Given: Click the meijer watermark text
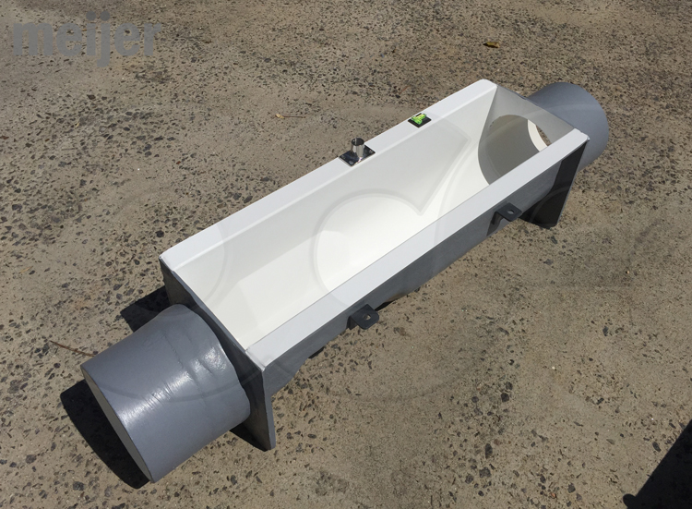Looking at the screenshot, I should (87, 39).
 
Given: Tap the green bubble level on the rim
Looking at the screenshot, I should (420, 119).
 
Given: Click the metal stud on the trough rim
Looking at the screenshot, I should (356, 150).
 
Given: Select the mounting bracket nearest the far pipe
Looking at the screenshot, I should (506, 213).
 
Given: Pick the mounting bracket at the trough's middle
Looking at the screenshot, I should (364, 316).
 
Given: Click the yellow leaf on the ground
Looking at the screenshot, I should (491, 44).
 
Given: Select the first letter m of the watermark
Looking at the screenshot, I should (31, 40).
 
